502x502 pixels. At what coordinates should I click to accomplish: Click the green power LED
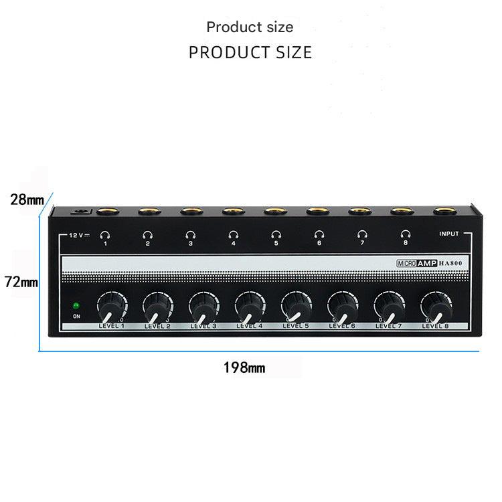[x=76, y=306]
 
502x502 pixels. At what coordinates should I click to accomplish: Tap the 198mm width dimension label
[x=244, y=368]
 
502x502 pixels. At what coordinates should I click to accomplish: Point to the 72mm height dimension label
[x=21, y=282]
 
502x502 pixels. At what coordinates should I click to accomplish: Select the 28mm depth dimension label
[x=27, y=199]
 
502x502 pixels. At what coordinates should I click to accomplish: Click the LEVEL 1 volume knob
[x=112, y=307]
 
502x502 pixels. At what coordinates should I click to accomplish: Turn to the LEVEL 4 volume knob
[x=250, y=307]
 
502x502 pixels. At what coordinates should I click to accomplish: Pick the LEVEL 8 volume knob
[x=436, y=307]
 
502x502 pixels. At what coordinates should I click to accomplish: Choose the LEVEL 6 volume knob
[x=343, y=307]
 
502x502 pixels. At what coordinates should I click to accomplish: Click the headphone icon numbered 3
[x=190, y=236]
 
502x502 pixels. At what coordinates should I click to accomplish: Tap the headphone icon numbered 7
[x=362, y=235]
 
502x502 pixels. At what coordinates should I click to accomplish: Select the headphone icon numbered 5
[x=276, y=235]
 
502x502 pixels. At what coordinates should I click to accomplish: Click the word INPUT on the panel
[x=449, y=234]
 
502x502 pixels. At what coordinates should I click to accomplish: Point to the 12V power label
[x=79, y=236]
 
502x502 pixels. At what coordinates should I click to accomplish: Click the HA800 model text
[x=450, y=263]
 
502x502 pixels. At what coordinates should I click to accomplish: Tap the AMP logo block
[x=427, y=263]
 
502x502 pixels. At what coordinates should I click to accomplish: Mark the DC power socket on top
[x=81, y=212]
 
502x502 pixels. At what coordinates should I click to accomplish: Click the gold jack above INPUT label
[x=444, y=212]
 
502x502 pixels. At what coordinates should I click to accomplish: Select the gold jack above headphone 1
[x=108, y=212]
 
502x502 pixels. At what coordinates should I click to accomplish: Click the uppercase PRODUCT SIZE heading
[x=250, y=52]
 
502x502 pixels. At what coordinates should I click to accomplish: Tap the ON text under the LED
[x=76, y=317]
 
